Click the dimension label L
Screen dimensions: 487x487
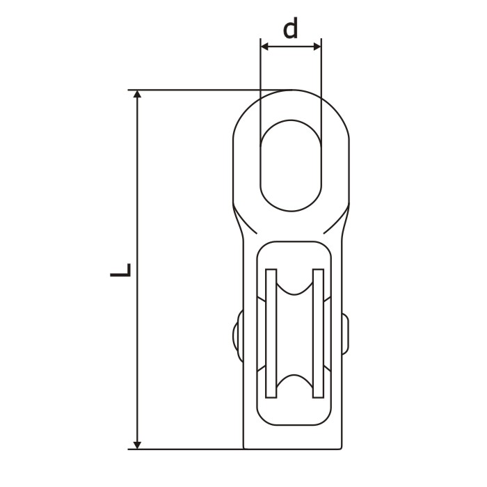[x=120, y=270]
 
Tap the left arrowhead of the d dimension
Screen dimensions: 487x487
[x=264, y=47]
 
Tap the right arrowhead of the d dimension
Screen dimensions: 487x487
[x=317, y=47]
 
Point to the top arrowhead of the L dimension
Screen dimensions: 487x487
[x=137, y=94]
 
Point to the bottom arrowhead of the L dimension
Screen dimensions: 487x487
[x=137, y=445]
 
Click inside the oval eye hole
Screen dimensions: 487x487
[x=291, y=166]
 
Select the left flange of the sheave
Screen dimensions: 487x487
[x=271, y=333]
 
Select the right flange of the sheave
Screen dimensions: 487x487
[x=319, y=333]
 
